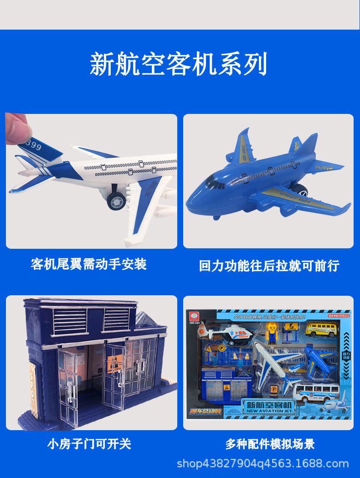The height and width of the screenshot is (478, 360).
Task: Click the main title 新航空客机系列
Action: pyautogui.click(x=178, y=64)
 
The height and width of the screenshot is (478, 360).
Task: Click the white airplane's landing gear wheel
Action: pyautogui.click(x=116, y=200)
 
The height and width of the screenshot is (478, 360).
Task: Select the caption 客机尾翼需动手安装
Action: pyautogui.click(x=89, y=264)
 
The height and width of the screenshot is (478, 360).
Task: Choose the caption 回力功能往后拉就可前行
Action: pyautogui.click(x=269, y=266)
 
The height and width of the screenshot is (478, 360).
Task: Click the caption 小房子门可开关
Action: pyautogui.click(x=89, y=443)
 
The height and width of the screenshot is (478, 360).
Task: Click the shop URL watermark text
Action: pyautogui.click(x=262, y=464)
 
